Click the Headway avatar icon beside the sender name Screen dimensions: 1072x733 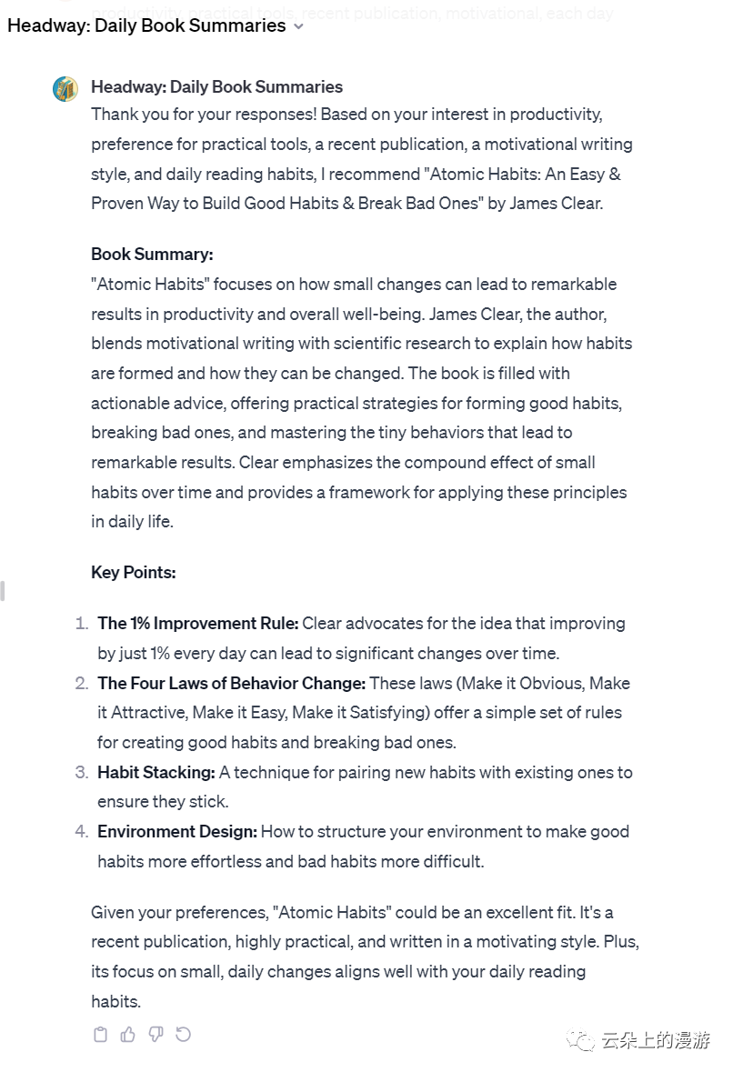pyautogui.click(x=65, y=88)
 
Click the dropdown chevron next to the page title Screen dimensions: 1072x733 pyautogui.click(x=299, y=26)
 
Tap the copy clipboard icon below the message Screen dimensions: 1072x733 pyautogui.click(x=101, y=1034)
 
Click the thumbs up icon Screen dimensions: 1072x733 pyautogui.click(x=128, y=1034)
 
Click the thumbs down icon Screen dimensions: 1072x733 pyautogui.click(x=156, y=1034)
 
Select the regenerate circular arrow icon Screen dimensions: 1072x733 pyautogui.click(x=184, y=1034)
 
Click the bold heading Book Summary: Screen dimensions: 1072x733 pyautogui.click(x=152, y=255)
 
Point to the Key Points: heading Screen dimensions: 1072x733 pyautogui.click(x=134, y=572)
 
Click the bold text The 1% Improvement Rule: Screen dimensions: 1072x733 pyautogui.click(x=198, y=624)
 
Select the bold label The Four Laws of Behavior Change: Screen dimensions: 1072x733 pyautogui.click(x=232, y=683)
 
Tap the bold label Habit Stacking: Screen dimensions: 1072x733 pyautogui.click(x=156, y=772)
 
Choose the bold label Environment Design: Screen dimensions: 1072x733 pyautogui.click(x=177, y=831)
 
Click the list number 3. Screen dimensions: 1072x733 pyautogui.click(x=81, y=772)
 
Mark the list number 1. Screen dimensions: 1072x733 pyautogui.click(x=81, y=624)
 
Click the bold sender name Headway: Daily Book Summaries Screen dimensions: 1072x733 pyautogui.click(x=216, y=87)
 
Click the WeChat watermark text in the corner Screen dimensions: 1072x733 pyautogui.click(x=655, y=1040)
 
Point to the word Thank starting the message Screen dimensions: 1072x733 pyautogui.click(x=114, y=115)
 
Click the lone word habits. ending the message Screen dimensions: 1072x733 pyautogui.click(x=115, y=1001)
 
